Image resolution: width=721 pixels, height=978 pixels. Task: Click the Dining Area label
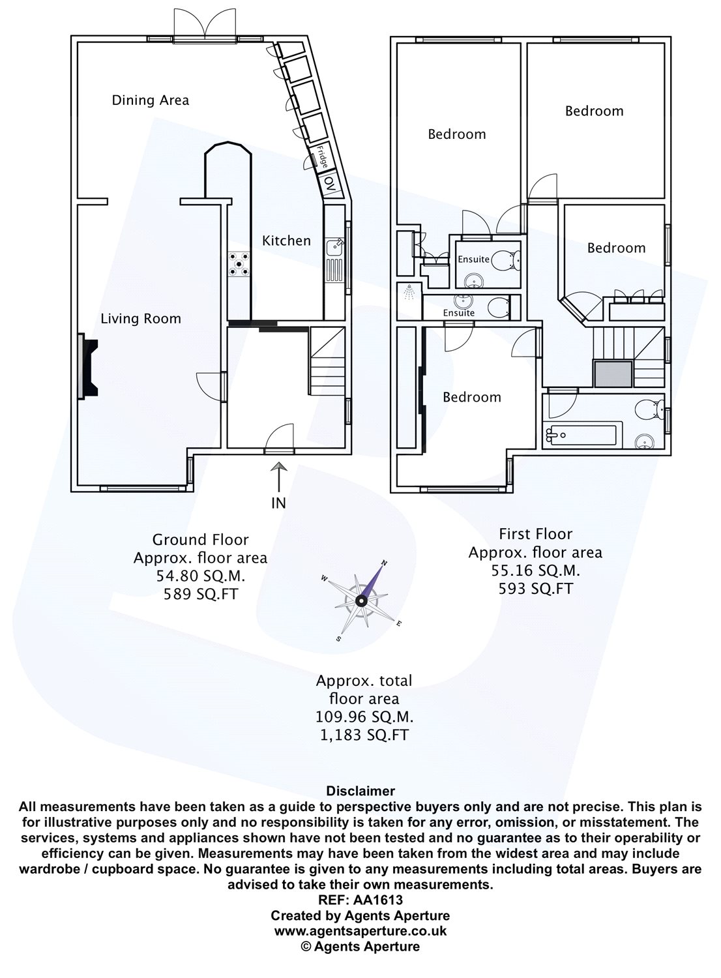pos(151,100)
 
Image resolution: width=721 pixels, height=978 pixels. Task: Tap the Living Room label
pos(140,319)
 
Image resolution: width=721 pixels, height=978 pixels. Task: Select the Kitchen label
pos(286,241)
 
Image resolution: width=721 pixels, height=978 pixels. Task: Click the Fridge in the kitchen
pos(322,156)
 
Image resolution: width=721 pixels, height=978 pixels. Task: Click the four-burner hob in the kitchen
pos(239,266)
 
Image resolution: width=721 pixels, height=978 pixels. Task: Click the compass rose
pos(361,598)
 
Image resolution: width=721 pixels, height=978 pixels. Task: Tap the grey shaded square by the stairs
pos(613,376)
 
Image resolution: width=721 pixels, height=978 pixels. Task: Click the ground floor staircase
pos(326,361)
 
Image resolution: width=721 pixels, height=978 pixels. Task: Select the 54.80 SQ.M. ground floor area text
pos(200,576)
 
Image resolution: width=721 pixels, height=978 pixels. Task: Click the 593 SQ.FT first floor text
pos(535,588)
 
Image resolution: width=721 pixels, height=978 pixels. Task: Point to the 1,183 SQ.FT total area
pos(364,735)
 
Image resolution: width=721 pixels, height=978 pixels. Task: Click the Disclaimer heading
pos(360,791)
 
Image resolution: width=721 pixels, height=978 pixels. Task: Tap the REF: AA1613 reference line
pos(360,900)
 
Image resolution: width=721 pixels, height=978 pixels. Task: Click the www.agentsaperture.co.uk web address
pos(360,931)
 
